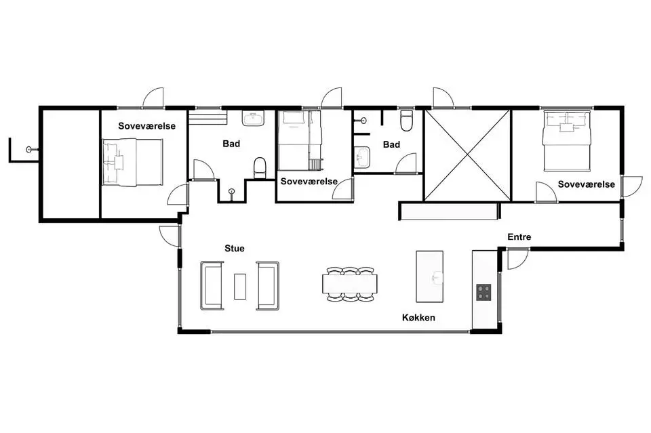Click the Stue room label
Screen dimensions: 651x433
pos(234,249)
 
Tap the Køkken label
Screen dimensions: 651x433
pos(418,318)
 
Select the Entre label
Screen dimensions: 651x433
pos(519,236)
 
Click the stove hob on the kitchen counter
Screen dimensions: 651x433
pos(484,291)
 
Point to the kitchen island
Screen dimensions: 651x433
pos(430,276)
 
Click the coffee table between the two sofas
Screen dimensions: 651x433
pos(240,286)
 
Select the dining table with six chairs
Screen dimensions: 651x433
pos(350,284)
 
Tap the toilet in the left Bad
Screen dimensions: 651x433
pos(260,167)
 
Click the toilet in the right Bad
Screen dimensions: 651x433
pos(406,120)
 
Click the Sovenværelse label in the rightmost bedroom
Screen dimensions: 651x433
pos(586,184)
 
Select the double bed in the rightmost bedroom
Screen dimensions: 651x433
pos(567,140)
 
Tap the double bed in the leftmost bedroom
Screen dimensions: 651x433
pos(133,162)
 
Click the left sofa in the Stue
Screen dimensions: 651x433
pos(212,286)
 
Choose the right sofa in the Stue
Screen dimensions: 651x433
pos(268,286)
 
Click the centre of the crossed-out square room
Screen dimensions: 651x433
pos(467,155)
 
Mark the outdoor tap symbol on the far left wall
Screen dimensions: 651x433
pos(30,149)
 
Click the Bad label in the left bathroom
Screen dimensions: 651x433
pos(231,144)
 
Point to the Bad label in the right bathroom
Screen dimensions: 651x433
pos(391,145)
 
